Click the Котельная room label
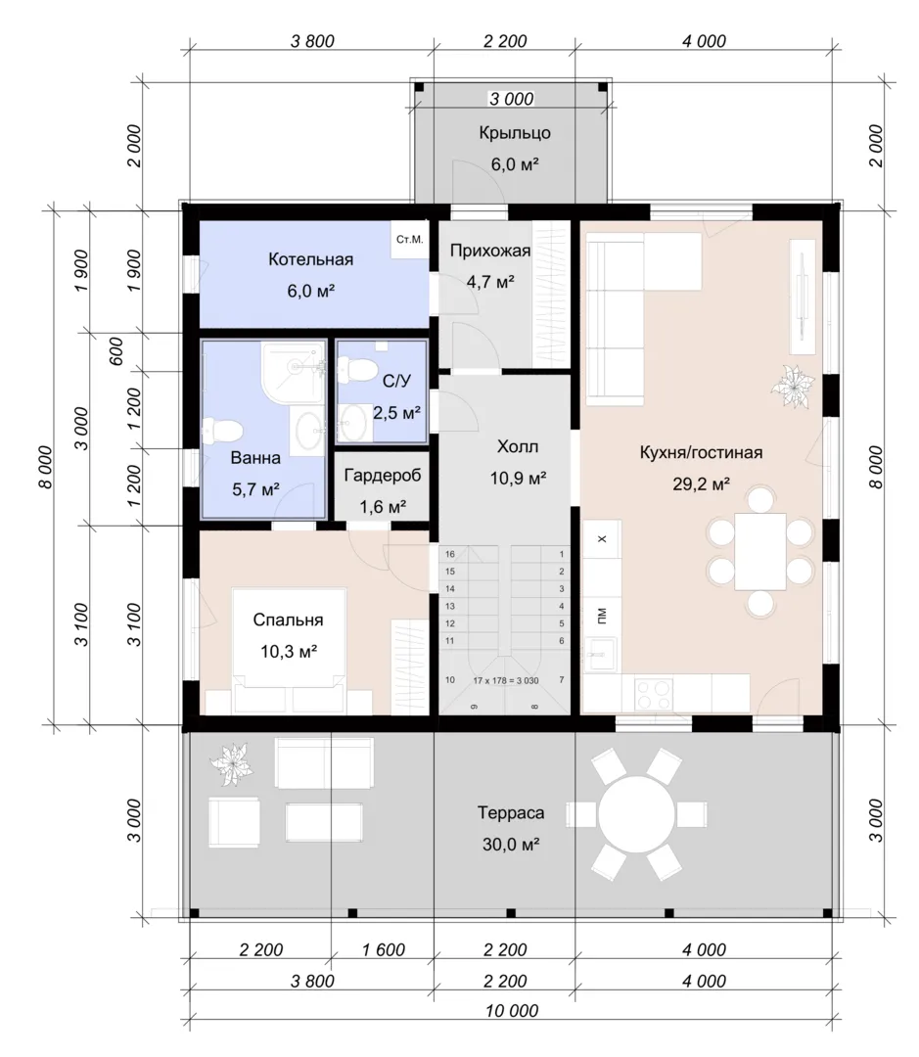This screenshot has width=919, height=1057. [x=311, y=259]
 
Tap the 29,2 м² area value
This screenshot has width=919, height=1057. [x=701, y=483]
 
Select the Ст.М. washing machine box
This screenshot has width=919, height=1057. [x=410, y=240]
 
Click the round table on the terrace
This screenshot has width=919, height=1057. [x=636, y=813]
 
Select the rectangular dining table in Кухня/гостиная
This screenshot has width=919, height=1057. [x=760, y=551]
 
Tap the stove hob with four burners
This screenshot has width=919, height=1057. [x=654, y=694]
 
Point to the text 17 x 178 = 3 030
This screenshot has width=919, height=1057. [x=506, y=681]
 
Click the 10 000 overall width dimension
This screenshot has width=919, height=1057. [x=512, y=1010]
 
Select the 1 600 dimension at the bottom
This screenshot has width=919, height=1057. [x=383, y=949]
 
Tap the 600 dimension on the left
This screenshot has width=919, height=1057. [x=115, y=351]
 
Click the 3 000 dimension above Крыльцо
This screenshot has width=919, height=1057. [x=511, y=99]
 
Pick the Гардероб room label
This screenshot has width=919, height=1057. [x=383, y=476]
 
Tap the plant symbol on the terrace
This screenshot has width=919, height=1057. [x=231, y=763]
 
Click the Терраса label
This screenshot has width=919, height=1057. [x=511, y=813]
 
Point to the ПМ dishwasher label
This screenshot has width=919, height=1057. [x=602, y=615]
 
